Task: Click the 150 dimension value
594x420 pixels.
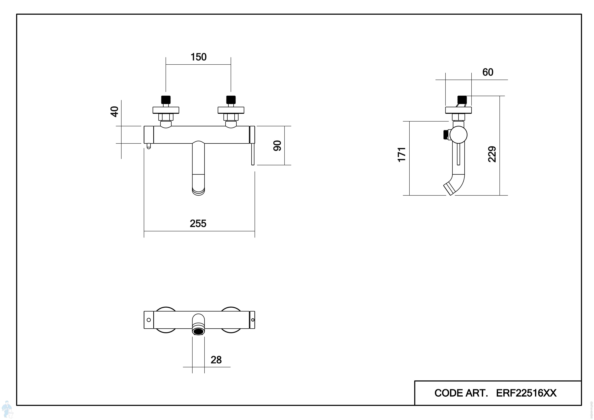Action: coord(198,57)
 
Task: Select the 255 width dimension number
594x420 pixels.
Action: coord(198,223)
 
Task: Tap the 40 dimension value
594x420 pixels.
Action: coord(114,112)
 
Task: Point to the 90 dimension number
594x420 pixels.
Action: coord(277,146)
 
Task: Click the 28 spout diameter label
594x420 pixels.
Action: coord(216,360)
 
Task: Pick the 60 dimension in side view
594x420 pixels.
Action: coord(488,72)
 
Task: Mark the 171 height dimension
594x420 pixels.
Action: coord(401,155)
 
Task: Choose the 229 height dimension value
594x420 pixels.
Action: coord(492,154)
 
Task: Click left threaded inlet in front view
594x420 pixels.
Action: coord(166,100)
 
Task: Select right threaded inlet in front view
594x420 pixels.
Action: coord(231,100)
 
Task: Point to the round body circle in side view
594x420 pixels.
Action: coord(458,135)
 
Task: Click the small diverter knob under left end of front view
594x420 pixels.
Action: coord(148,146)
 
